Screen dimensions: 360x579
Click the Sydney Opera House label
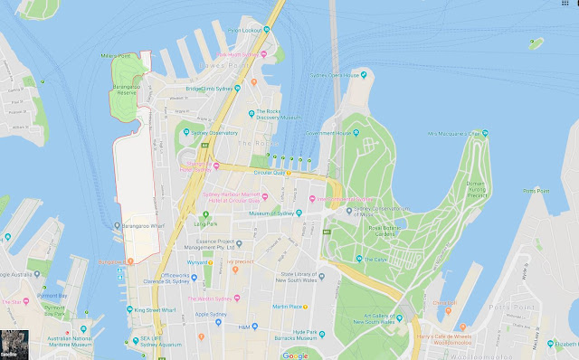[x=344, y=75]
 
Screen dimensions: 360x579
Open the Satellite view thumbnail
[x=14, y=345]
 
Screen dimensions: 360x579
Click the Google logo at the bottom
[x=294, y=355]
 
